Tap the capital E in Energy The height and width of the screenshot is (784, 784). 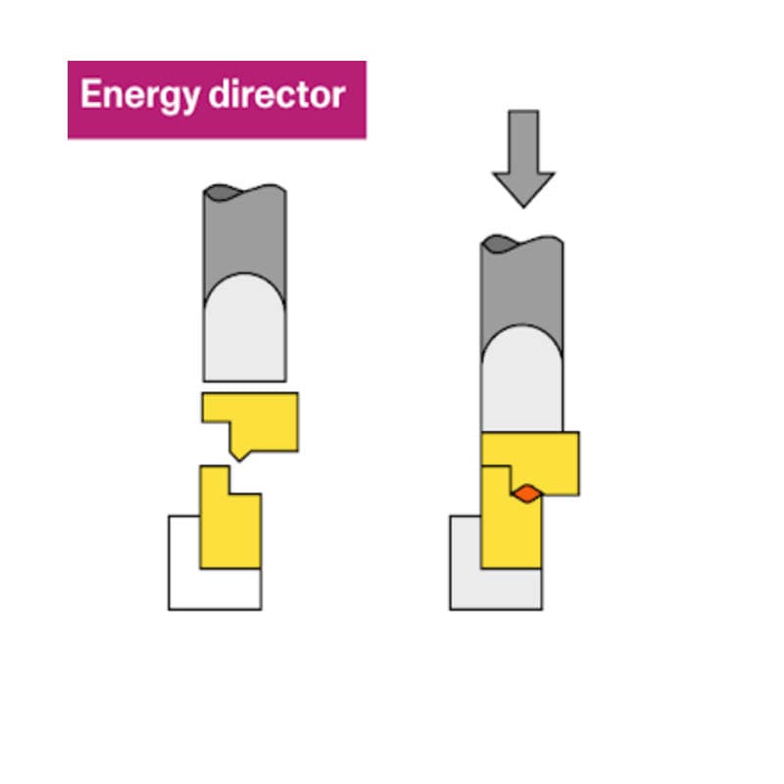(x=89, y=95)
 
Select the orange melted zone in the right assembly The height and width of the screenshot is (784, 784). (x=526, y=493)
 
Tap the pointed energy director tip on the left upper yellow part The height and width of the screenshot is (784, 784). (x=239, y=455)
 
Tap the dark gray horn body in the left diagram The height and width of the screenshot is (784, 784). (x=245, y=235)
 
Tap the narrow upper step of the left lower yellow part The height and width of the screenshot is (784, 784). (x=214, y=479)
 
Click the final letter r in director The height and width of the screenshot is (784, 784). (x=339, y=96)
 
